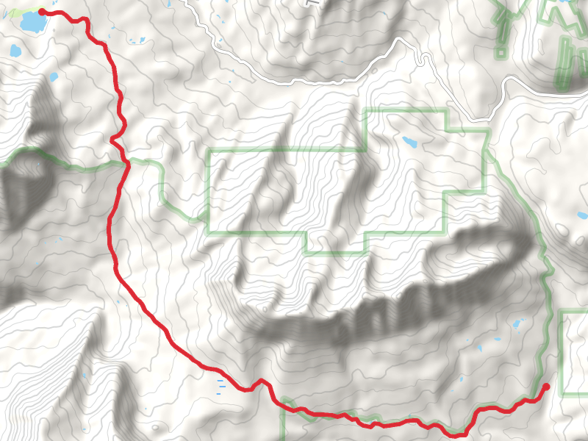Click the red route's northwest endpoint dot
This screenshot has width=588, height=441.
(x=42, y=12)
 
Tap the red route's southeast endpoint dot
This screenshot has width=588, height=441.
(x=545, y=387)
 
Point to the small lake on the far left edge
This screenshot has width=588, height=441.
(x=15, y=51)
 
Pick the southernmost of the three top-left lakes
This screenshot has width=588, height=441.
(x=53, y=76)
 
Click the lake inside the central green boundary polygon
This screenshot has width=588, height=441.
(x=409, y=141)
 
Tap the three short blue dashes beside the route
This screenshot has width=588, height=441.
(x=220, y=387)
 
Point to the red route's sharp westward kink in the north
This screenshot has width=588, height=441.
(x=112, y=139)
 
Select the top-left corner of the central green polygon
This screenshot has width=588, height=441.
(x=210, y=151)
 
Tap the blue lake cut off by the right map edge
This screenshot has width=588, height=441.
(x=583, y=216)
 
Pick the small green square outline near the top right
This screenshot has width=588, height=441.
(x=501, y=53)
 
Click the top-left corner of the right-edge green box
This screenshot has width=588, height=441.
(x=562, y=312)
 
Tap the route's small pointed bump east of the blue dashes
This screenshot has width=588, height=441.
(x=259, y=381)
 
